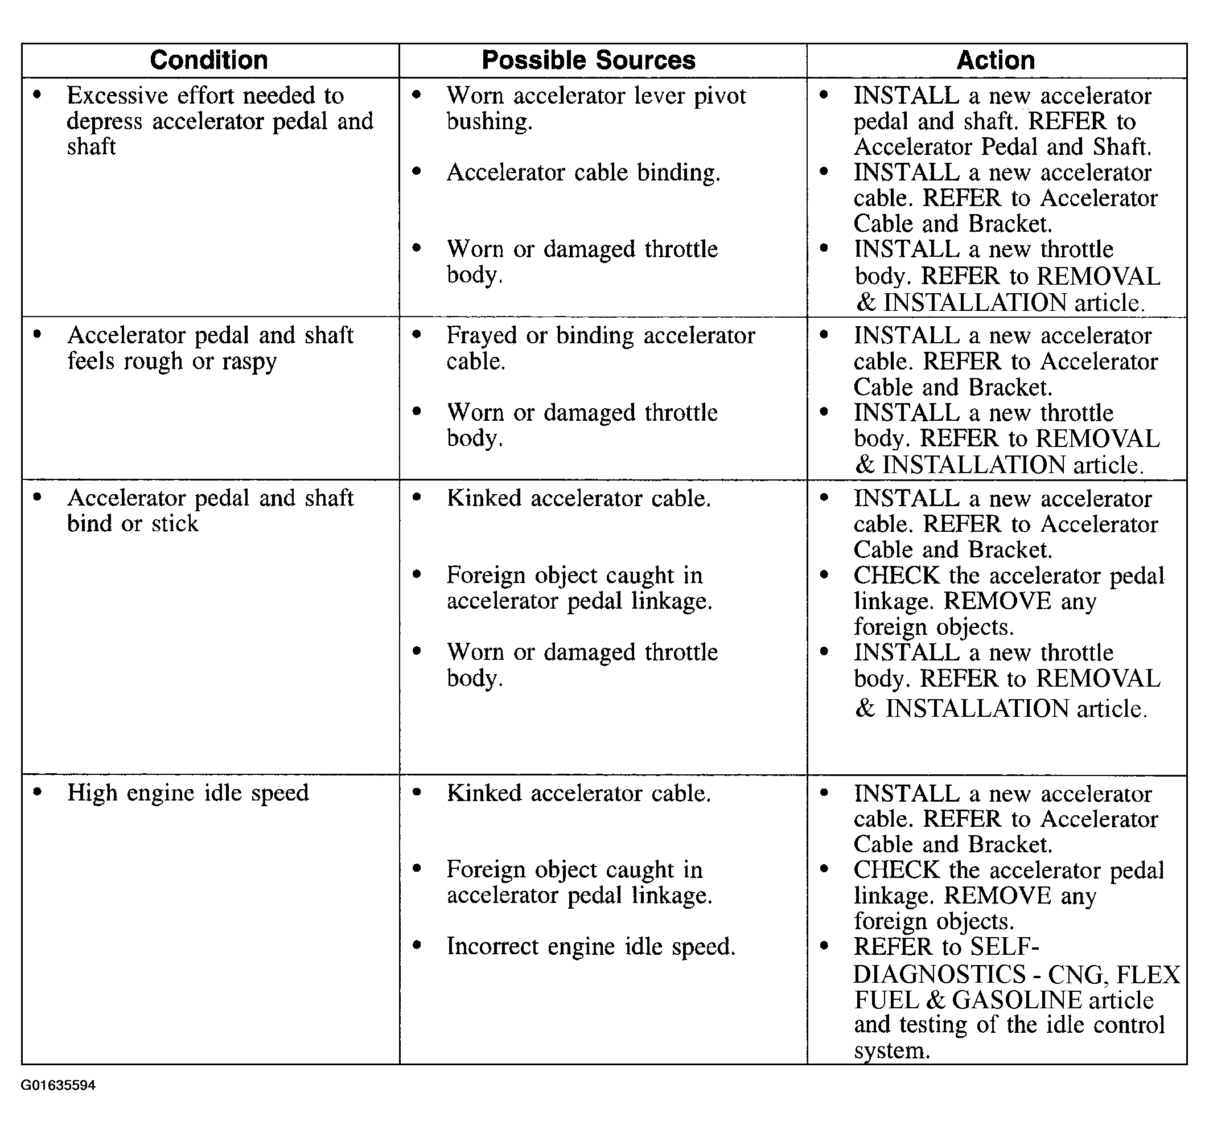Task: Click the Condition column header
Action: point(208,60)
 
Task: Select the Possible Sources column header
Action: point(588,60)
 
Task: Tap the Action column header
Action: point(996,60)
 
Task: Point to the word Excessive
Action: point(117,96)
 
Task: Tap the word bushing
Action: point(489,122)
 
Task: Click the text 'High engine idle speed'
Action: point(188,793)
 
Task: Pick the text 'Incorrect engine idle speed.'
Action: point(590,946)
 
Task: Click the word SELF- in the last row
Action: point(1005,946)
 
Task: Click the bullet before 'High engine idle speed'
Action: point(38,792)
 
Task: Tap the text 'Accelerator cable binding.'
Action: point(583,173)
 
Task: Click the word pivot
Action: point(720,96)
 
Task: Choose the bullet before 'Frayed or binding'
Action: point(417,334)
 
